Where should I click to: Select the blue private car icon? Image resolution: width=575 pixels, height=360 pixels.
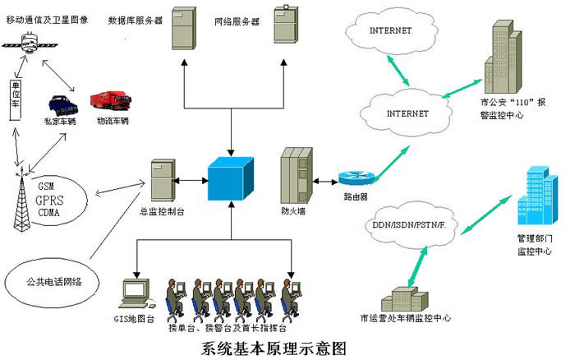(x=60, y=105)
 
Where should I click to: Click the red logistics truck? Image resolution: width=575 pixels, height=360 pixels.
(x=111, y=103)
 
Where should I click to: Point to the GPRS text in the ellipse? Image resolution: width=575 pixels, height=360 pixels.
(x=50, y=199)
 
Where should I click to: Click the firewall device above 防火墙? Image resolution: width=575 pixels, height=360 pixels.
(x=294, y=175)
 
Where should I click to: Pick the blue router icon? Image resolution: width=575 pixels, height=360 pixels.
(x=356, y=178)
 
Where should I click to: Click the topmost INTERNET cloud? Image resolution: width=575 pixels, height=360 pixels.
(x=390, y=31)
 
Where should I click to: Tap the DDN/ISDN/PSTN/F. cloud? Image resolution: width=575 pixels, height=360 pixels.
(x=407, y=224)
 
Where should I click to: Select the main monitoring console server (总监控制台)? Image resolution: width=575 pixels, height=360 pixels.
(x=160, y=182)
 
